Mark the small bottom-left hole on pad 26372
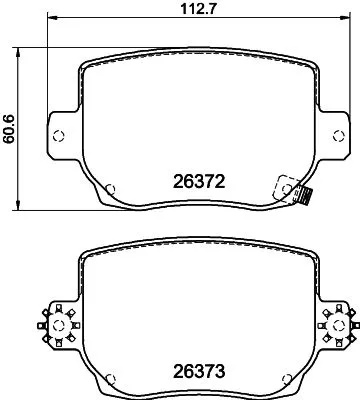pos(110,187)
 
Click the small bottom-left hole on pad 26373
pos(110,379)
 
